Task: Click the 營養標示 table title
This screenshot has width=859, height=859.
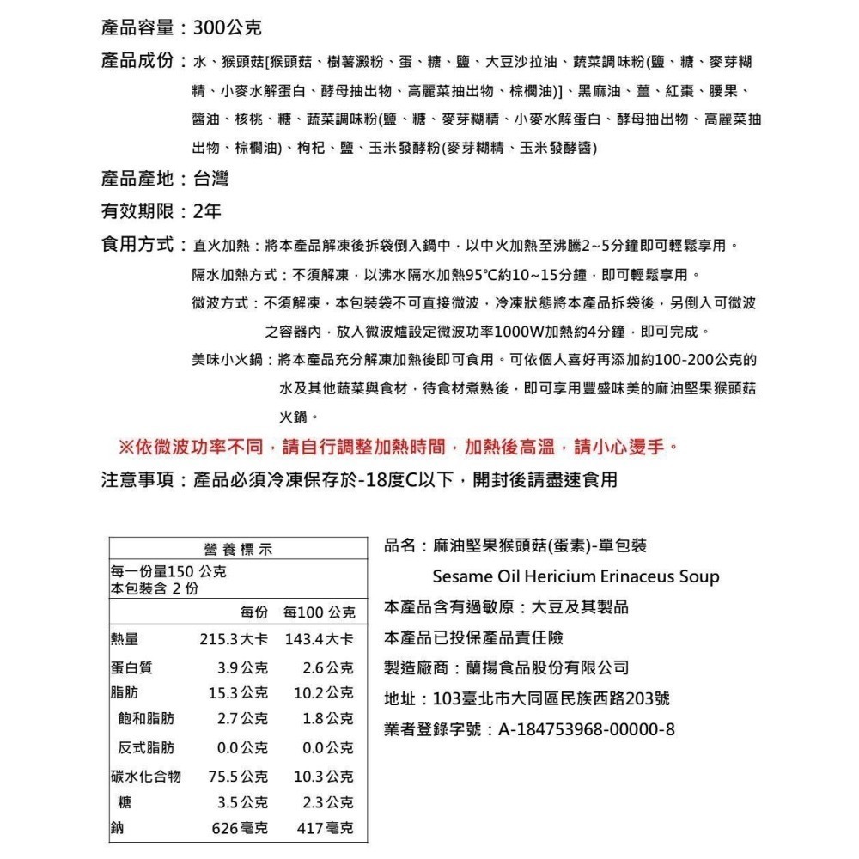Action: click(233, 550)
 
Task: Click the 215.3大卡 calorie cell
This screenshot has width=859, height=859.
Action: click(234, 640)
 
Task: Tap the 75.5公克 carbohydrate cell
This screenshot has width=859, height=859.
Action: click(238, 777)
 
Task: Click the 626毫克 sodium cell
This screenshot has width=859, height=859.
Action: click(240, 829)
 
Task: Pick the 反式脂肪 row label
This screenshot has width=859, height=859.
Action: click(146, 747)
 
